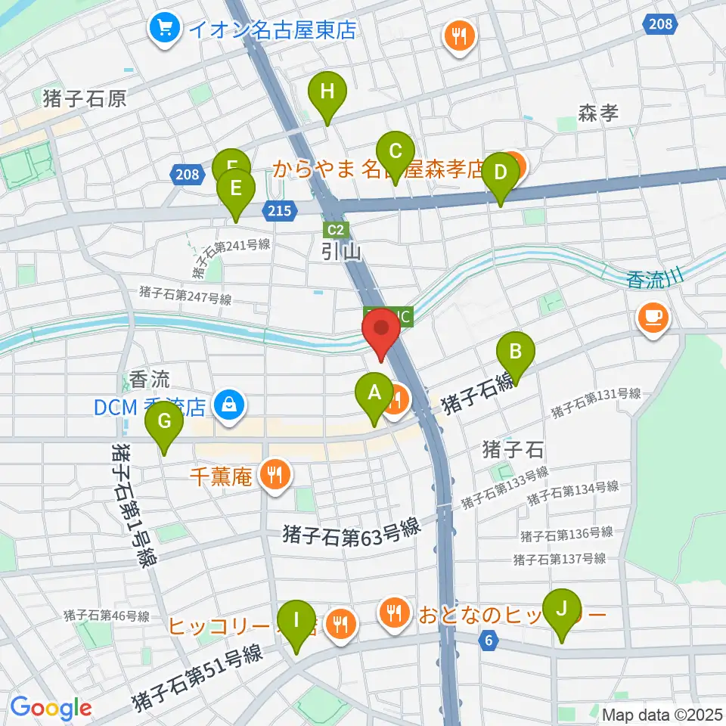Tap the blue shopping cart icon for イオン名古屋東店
pyautogui.click(x=163, y=30)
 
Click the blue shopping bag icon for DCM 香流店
pyautogui.click(x=227, y=407)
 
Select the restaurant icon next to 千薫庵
pyautogui.click(x=272, y=475)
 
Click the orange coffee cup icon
pyautogui.click(x=652, y=318)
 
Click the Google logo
pyautogui.click(x=51, y=708)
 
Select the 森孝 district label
pyautogui.click(x=598, y=113)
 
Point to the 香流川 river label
pyautogui.click(x=655, y=278)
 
